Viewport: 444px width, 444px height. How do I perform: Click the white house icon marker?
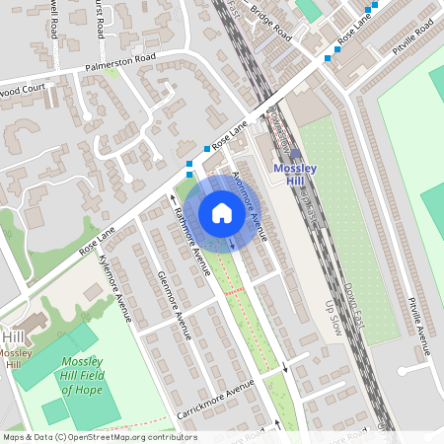221,213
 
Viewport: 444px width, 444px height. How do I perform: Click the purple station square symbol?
295,154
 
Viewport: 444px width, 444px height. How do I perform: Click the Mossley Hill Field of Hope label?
82,375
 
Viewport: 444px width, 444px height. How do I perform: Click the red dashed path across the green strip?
234,292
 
